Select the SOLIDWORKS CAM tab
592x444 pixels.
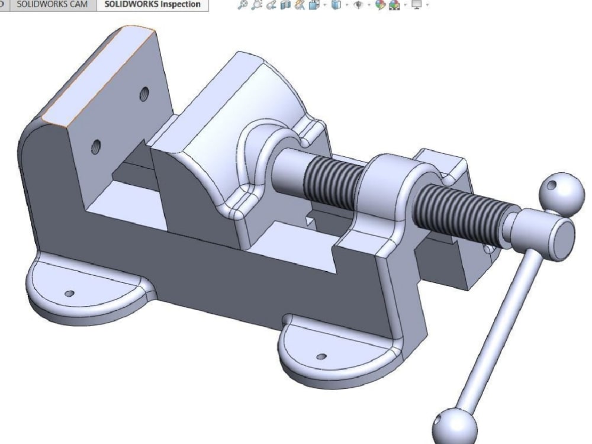[55, 5]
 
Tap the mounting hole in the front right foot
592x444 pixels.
[321, 357]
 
